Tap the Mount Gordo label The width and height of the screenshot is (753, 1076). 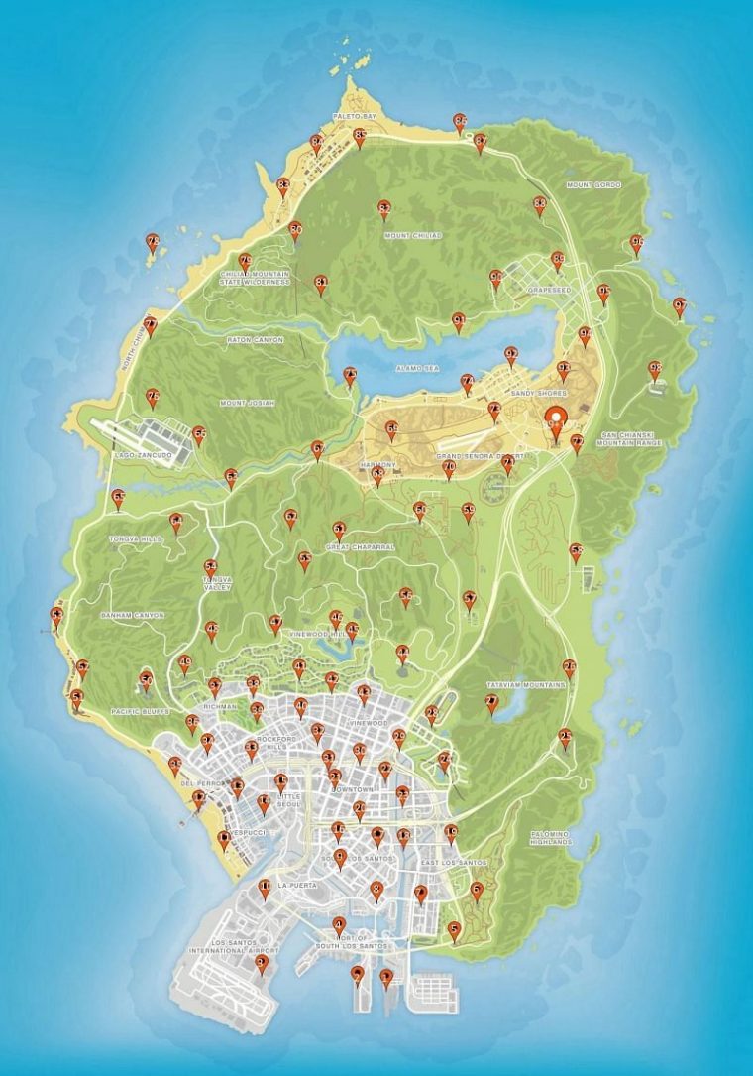coord(592,185)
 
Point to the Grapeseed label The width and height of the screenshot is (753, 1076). coord(550,291)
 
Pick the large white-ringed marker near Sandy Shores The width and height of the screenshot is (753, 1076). coord(556,421)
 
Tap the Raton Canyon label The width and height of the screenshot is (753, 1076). coord(255,340)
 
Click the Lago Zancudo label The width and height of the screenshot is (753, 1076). coord(144,455)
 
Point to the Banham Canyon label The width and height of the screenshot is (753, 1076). coord(132,615)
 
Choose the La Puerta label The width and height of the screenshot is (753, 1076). coord(295,884)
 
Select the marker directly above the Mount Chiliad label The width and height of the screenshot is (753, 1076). coord(384,209)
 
